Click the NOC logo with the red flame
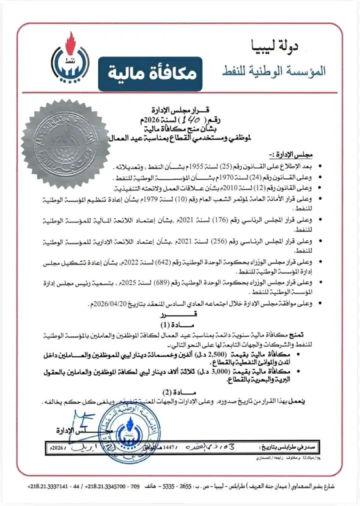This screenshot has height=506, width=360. coord(68,61)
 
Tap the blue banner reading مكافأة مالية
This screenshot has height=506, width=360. coord(148,73)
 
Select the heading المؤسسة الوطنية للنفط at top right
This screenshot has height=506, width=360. coord(273,70)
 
